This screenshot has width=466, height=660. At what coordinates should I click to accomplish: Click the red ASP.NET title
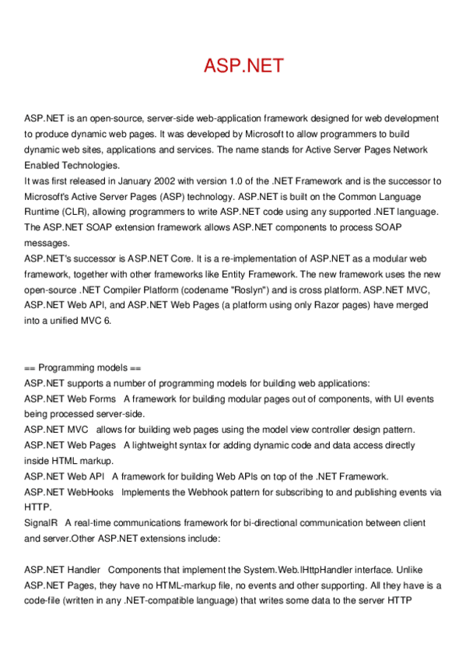244,66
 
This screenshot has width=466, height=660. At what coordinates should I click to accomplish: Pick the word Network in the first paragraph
408,149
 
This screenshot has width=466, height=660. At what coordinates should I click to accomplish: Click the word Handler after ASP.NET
83,570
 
